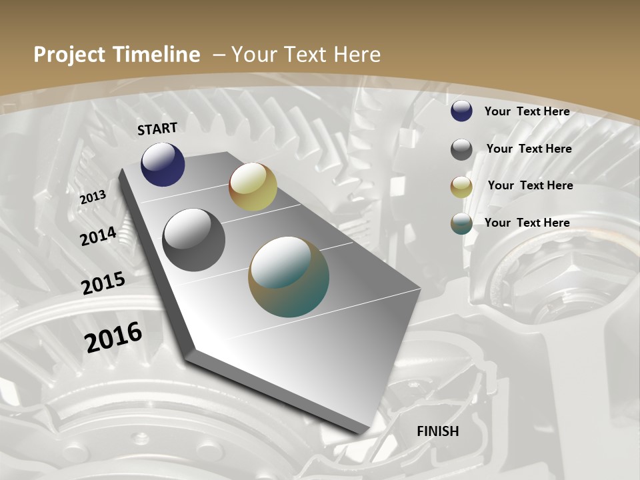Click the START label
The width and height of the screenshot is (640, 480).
click(157, 129)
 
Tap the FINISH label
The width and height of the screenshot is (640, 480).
click(438, 431)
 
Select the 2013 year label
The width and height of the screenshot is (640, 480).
click(93, 197)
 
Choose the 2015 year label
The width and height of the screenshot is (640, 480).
click(103, 283)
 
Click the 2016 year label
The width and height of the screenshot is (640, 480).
click(113, 337)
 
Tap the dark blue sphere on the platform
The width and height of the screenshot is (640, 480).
click(163, 165)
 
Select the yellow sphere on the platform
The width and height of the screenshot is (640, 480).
click(253, 187)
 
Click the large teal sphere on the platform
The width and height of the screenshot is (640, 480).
click(289, 277)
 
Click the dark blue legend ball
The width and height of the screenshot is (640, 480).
click(461, 111)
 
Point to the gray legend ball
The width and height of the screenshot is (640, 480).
click(461, 149)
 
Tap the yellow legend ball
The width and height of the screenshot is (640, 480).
click(461, 187)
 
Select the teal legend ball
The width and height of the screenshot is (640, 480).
click(461, 224)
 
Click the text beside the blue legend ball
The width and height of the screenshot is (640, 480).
click(527, 111)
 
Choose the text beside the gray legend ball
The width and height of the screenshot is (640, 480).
click(529, 149)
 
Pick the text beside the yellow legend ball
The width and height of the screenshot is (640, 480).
click(530, 185)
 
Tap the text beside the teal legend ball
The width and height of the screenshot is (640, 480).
click(527, 223)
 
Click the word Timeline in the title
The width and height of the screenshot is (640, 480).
click(157, 55)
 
